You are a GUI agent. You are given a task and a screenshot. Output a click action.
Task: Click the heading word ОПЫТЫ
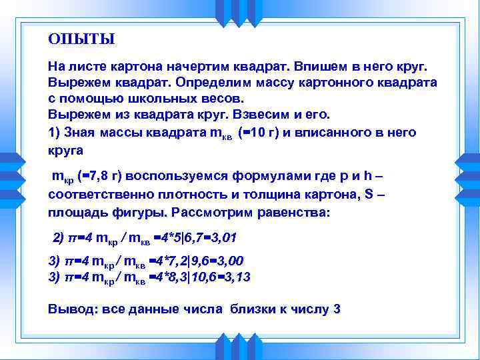pos(81,39)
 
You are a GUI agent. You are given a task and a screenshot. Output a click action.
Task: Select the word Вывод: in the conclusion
pos(71,309)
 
